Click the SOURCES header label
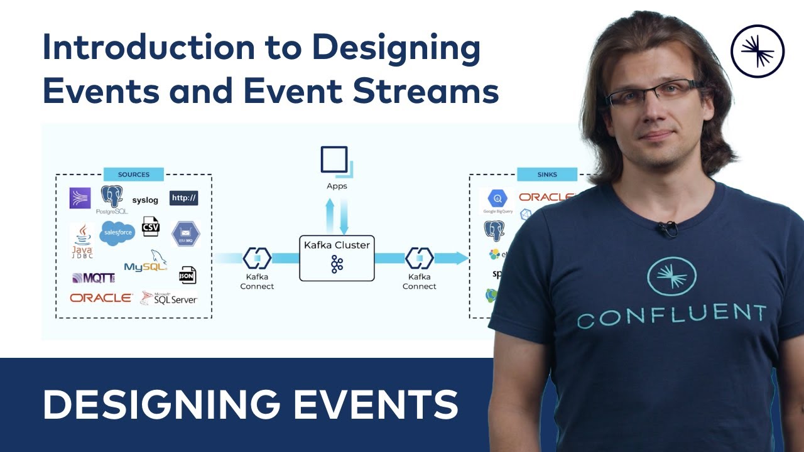tap(134, 175)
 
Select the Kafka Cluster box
tap(337, 257)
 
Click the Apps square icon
tap(335, 160)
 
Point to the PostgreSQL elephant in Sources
tap(112, 199)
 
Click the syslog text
tap(145, 200)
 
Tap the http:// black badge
tap(184, 198)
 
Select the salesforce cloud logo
tap(117, 233)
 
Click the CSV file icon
tap(151, 226)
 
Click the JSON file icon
tap(187, 275)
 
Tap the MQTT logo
tap(94, 277)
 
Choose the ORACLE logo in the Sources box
tap(101, 298)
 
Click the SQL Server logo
tap(169, 298)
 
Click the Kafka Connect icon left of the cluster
tap(257, 258)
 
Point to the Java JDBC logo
tap(82, 240)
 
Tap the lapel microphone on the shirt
tap(667, 230)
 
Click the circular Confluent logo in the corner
tap(758, 51)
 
